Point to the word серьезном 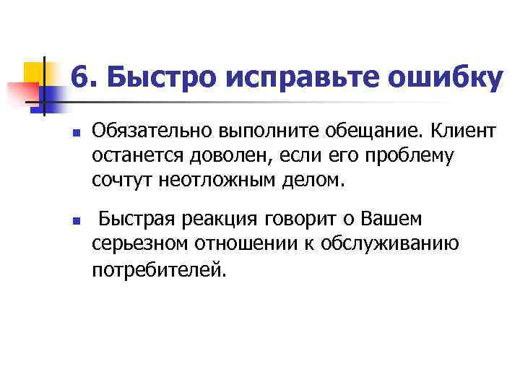139,245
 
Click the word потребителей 157,270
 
